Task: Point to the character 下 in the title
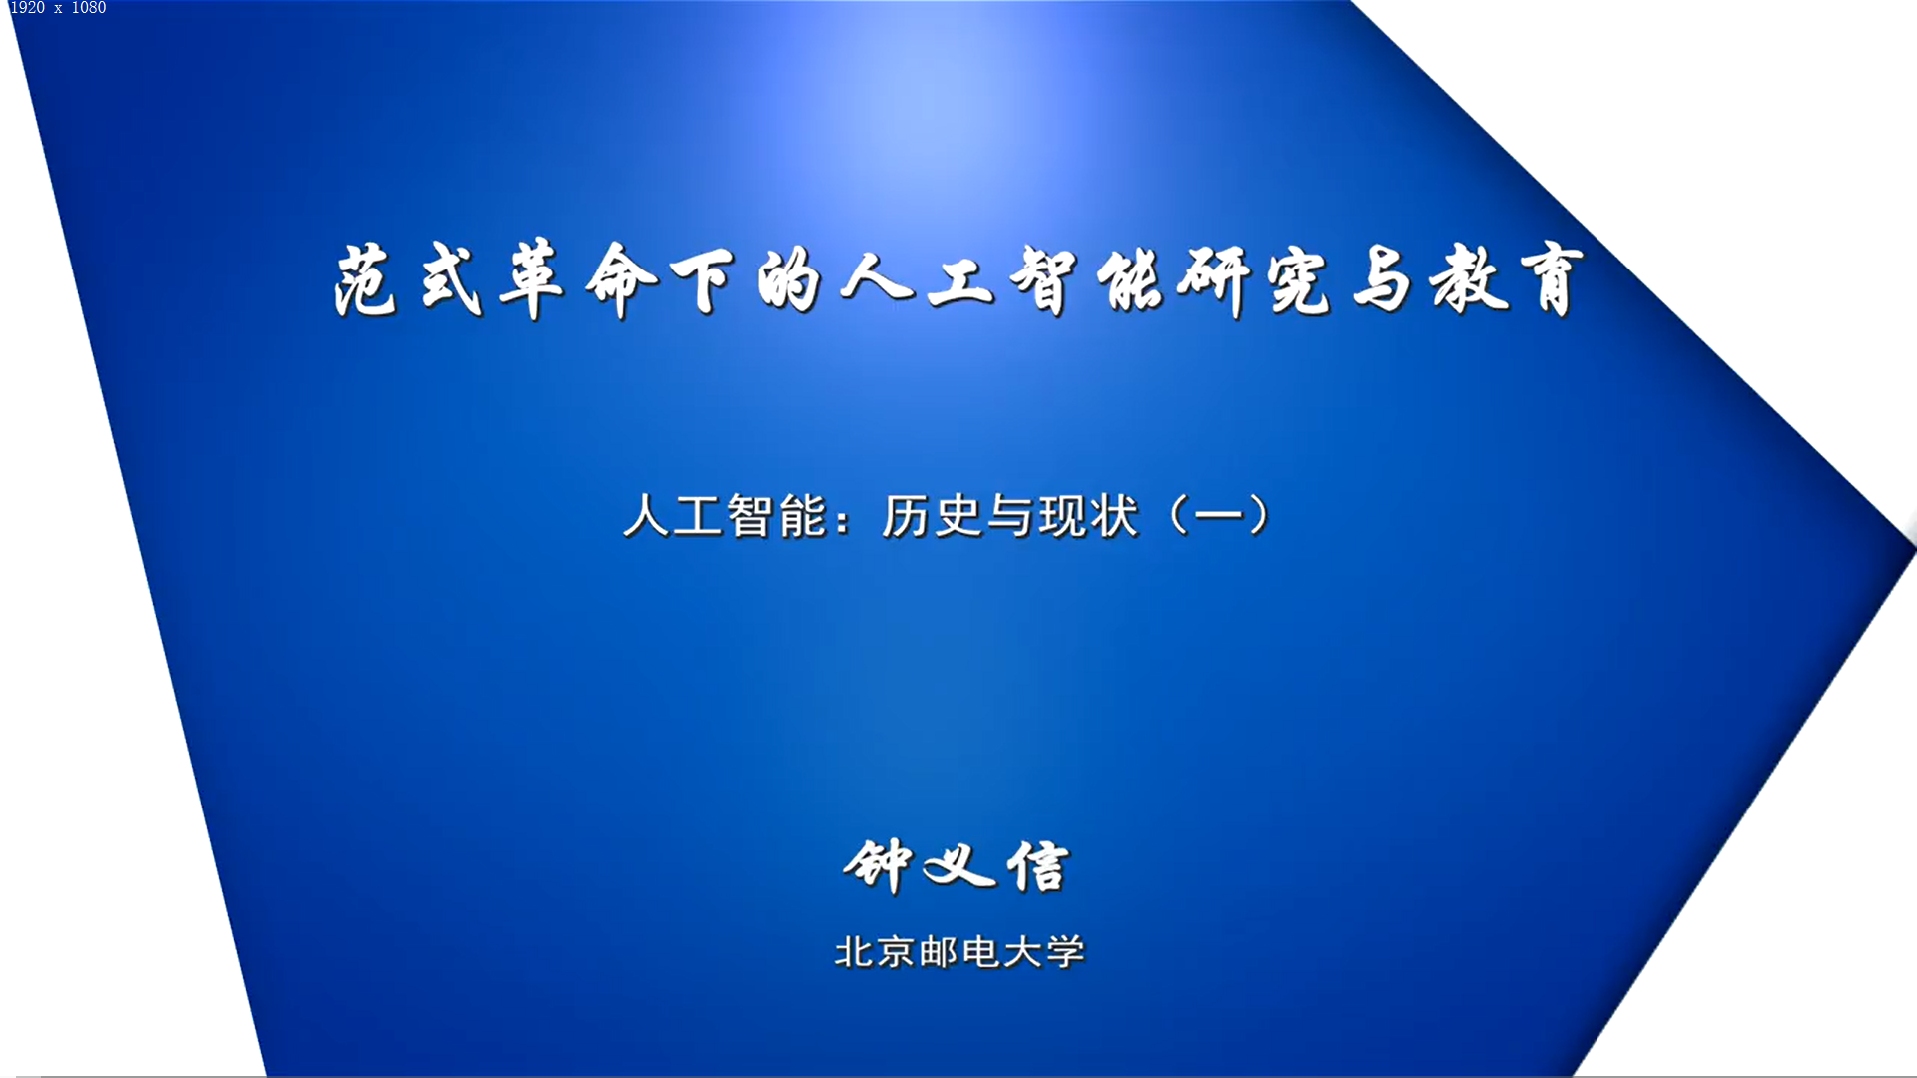tap(704, 281)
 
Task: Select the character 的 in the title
tap(789, 281)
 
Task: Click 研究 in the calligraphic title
tap(1254, 281)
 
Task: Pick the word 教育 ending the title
tap(1508, 281)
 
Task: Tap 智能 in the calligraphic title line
tap(1087, 281)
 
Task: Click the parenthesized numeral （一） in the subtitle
tap(1219, 516)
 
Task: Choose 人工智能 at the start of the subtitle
tap(726, 516)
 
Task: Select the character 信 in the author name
tap(1038, 865)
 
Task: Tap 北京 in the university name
tap(875, 952)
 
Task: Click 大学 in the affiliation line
tap(1043, 952)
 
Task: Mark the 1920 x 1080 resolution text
tap(58, 8)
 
